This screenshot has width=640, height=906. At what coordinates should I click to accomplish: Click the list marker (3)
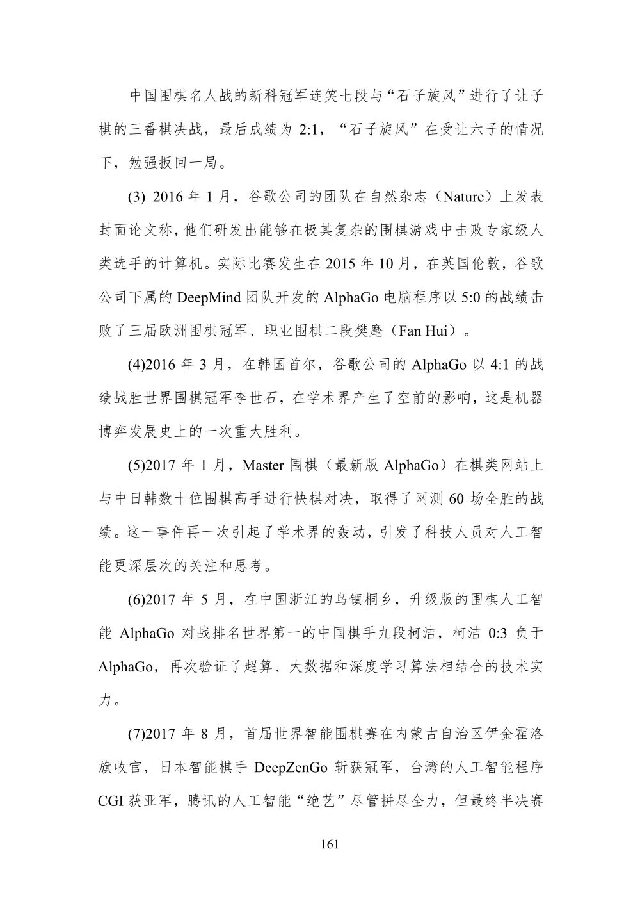click(x=137, y=197)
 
